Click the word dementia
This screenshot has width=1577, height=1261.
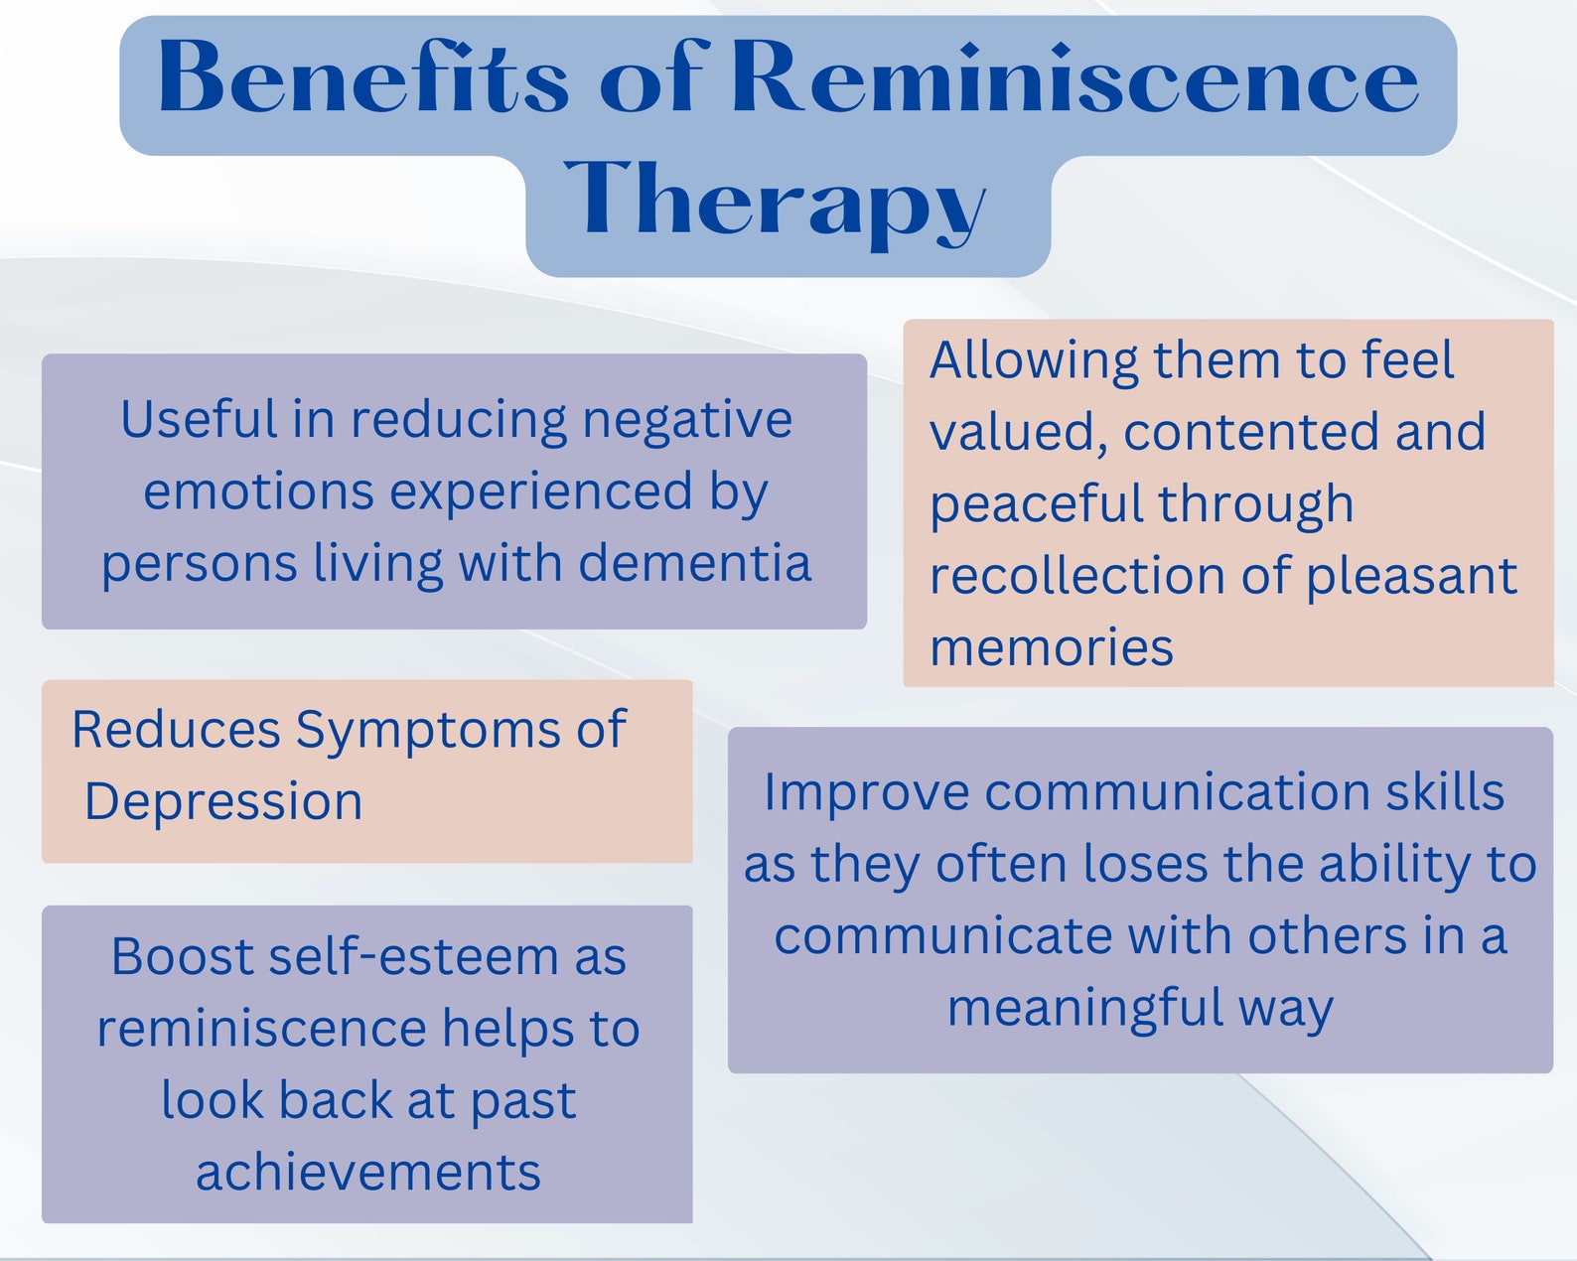(695, 563)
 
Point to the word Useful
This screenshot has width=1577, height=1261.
(199, 419)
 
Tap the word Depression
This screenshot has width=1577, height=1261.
(223, 801)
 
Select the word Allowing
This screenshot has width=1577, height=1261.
(1034, 361)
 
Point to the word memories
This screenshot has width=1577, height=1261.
(1052, 647)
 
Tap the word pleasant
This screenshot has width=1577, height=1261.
(1411, 577)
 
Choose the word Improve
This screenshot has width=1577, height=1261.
(866, 793)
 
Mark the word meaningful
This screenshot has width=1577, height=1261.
(1084, 1010)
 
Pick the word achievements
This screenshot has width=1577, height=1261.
(367, 1173)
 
